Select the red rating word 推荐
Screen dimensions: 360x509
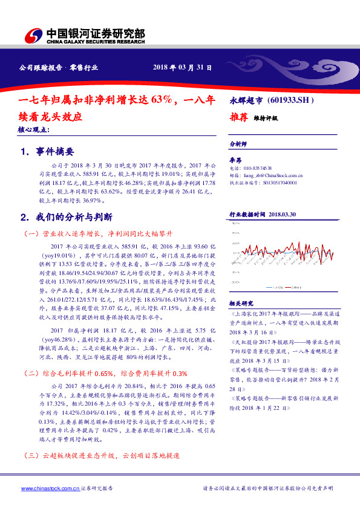[240, 118]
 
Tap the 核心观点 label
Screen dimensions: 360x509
[34, 130]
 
